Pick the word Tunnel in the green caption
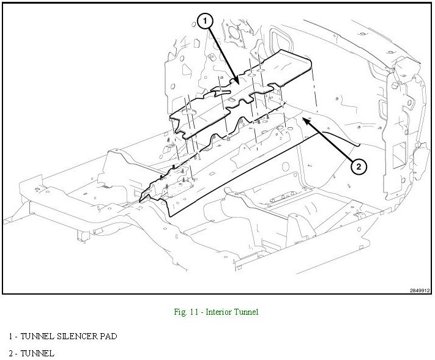click(246, 312)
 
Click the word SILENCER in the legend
click(72, 336)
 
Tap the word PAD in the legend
click(106, 336)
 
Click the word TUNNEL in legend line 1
click(37, 336)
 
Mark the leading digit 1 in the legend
click(11, 336)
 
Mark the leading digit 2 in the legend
click(11, 353)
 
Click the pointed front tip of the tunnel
click(142, 198)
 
